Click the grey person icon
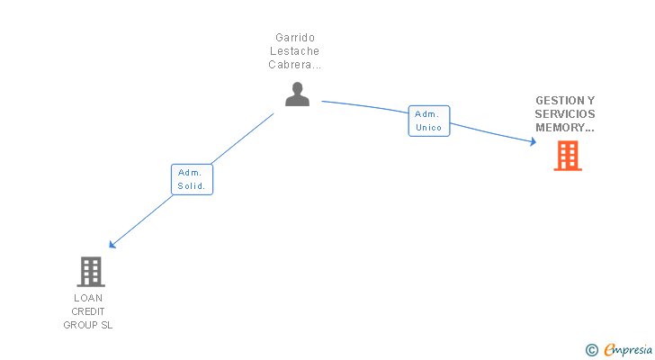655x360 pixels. (x=297, y=94)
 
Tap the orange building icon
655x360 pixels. (x=568, y=156)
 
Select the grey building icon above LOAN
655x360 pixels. (x=91, y=272)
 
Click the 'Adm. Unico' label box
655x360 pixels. (x=429, y=121)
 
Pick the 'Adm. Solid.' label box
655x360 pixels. (x=192, y=179)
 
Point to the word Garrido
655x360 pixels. (x=295, y=38)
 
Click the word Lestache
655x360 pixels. (x=294, y=51)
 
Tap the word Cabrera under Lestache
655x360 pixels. (x=290, y=65)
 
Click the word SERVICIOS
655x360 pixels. (x=565, y=114)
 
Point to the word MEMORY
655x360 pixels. (x=561, y=128)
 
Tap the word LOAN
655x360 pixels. (x=88, y=298)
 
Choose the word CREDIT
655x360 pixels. (x=88, y=311)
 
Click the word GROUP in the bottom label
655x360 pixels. (x=81, y=325)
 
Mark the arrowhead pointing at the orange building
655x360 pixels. (x=534, y=141)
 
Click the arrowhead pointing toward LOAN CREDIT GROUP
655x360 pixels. (x=112, y=245)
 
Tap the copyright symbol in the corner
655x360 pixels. (x=592, y=350)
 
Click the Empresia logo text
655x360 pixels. (x=628, y=349)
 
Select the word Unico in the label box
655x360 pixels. (x=428, y=128)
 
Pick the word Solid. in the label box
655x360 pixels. (x=192, y=186)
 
